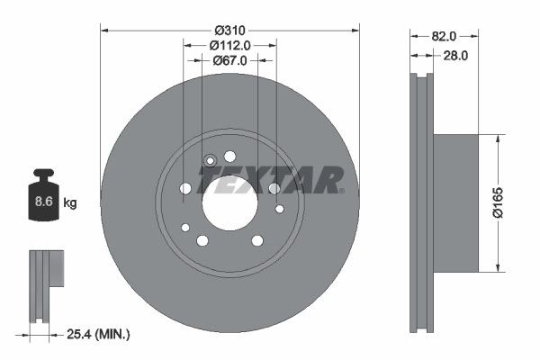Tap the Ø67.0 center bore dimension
(x=229, y=60)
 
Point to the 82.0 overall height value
(x=445, y=36)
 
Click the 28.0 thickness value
(x=456, y=56)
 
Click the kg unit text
(x=69, y=203)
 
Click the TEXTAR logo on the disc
(x=270, y=180)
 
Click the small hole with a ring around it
(x=211, y=162)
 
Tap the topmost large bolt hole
(x=229, y=155)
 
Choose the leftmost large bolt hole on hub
(x=185, y=188)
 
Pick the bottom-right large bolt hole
(x=257, y=239)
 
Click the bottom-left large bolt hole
(x=202, y=239)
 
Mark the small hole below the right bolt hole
(x=279, y=210)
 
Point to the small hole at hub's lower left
(x=184, y=227)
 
